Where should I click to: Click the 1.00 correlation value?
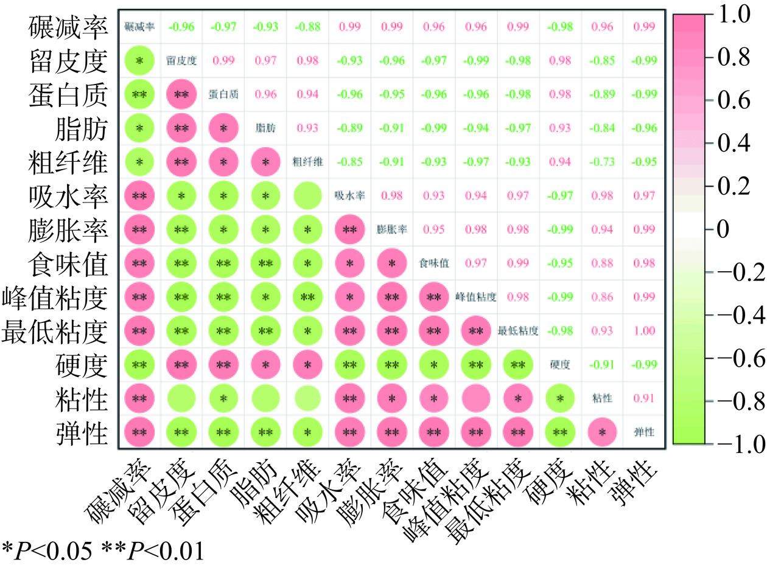coord(644,331)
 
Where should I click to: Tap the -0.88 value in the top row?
coord(307,27)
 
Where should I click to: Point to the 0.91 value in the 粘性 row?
coord(644,398)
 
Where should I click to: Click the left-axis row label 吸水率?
coord(68,196)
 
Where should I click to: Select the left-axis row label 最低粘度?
coord(56,331)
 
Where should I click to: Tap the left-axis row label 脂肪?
coord(88,128)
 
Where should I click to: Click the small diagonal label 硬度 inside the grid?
coord(559,365)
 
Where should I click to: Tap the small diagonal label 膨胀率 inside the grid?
coord(391,230)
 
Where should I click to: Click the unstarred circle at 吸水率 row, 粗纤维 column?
coord(307,196)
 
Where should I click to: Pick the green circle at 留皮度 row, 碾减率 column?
coord(139,61)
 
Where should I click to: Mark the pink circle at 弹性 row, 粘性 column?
coord(601,432)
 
